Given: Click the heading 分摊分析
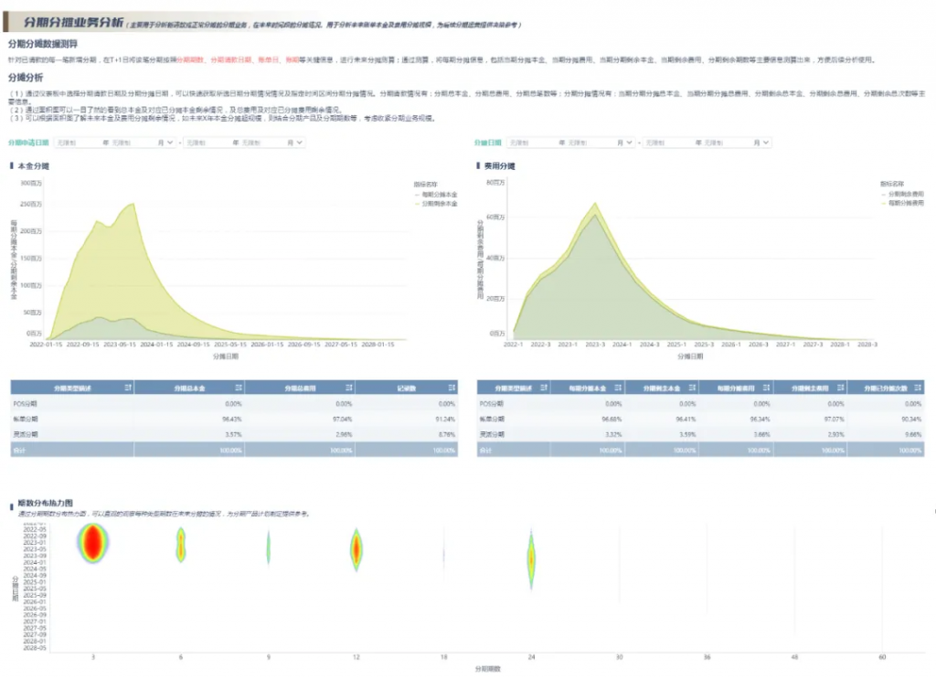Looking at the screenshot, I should tap(25, 78).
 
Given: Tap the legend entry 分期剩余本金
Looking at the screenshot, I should tap(439, 203).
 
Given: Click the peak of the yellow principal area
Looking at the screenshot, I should tap(134, 205).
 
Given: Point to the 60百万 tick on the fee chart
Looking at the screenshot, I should tap(497, 218).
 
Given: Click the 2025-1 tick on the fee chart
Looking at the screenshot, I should tap(676, 345).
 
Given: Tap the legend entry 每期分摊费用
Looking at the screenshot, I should tap(905, 203).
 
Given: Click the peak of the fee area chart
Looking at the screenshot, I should tap(595, 205).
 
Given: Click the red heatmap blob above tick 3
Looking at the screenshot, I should tap(93, 545).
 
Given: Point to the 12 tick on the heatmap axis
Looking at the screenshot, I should tap(356, 656).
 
